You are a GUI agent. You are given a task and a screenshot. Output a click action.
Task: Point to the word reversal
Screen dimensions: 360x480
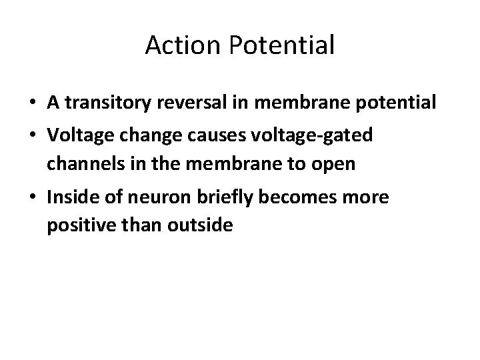(x=185, y=103)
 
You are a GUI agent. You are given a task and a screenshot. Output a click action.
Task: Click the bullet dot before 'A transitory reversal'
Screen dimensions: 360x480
(x=32, y=104)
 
